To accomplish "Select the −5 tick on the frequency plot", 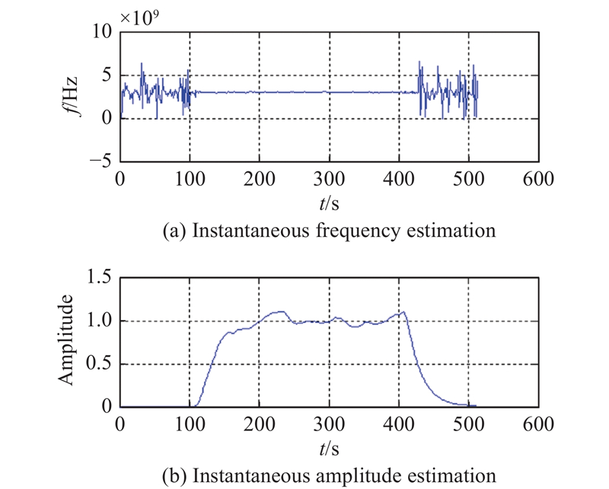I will (99, 161).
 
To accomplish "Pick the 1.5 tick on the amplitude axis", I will (99, 278).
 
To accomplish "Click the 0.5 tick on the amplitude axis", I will (99, 364).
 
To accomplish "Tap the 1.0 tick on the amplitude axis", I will (99, 321).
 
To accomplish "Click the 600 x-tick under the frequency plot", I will (537, 180).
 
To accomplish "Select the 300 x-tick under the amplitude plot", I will (329, 424).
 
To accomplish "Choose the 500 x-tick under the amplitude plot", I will (468, 424).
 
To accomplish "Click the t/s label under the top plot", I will (329, 203).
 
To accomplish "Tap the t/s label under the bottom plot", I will (329, 449).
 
